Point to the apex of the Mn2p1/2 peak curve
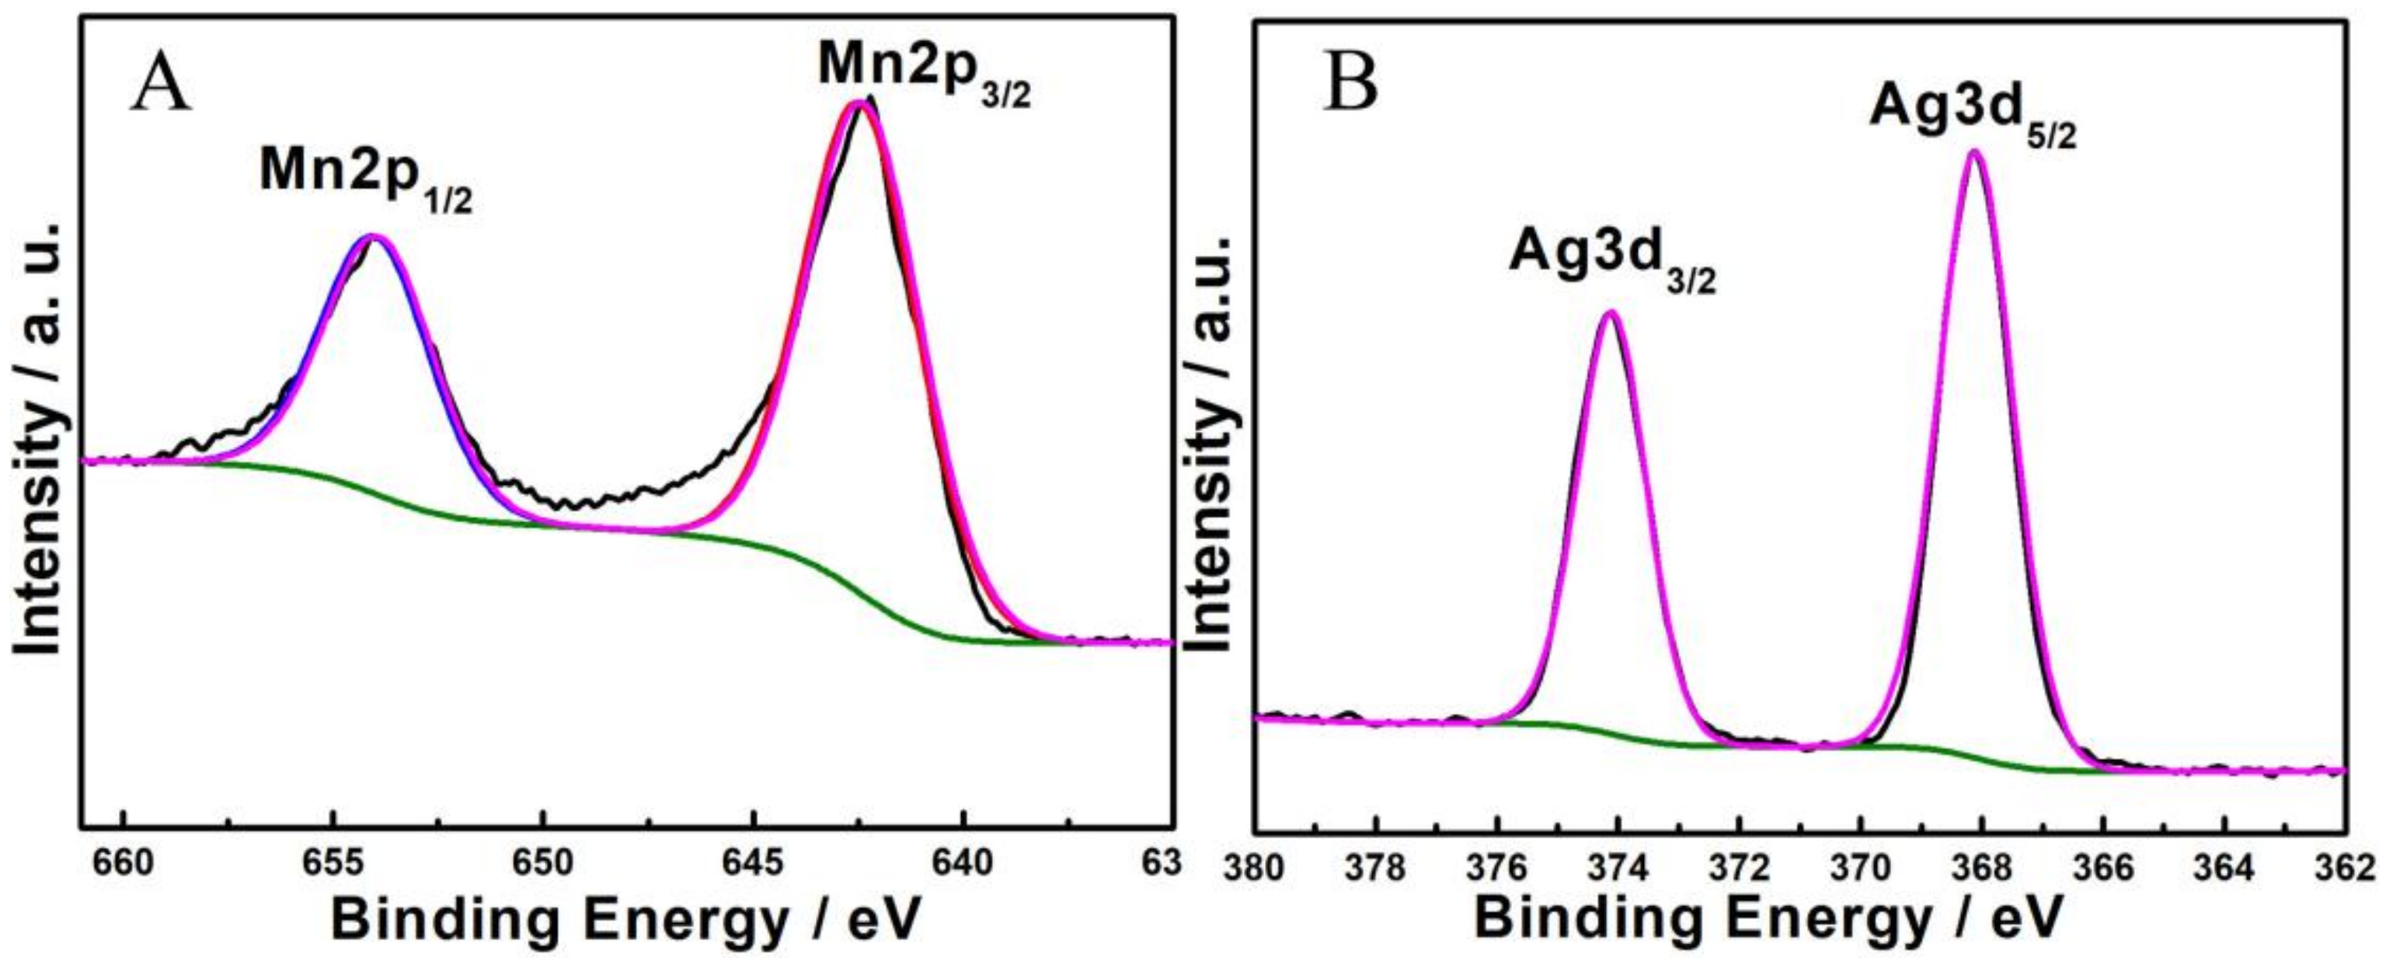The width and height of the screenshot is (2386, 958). (x=372, y=236)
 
